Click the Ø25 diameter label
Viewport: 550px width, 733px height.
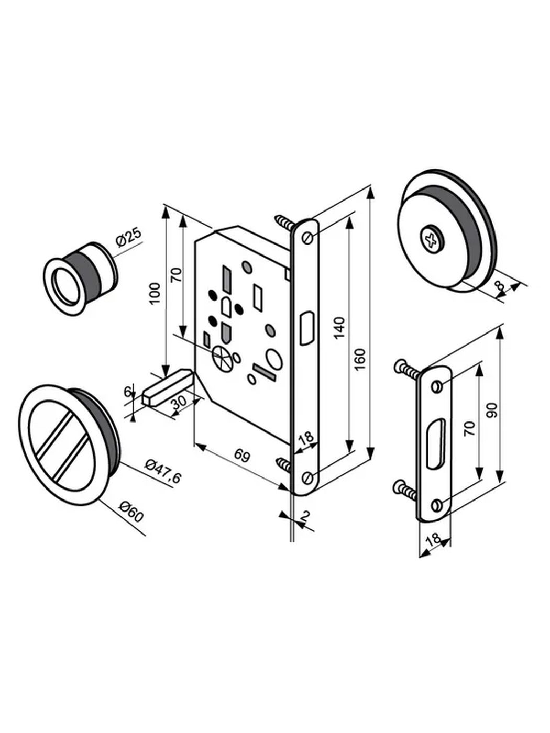pos(128,237)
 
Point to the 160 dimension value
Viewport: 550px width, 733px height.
pos(360,360)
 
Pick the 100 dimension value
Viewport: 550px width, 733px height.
pos(155,293)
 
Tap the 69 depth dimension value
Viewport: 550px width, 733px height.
pos(242,456)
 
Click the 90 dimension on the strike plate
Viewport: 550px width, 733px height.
pos(492,410)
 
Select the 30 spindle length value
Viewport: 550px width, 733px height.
pos(179,404)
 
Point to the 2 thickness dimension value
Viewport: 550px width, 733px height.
pos(304,516)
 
